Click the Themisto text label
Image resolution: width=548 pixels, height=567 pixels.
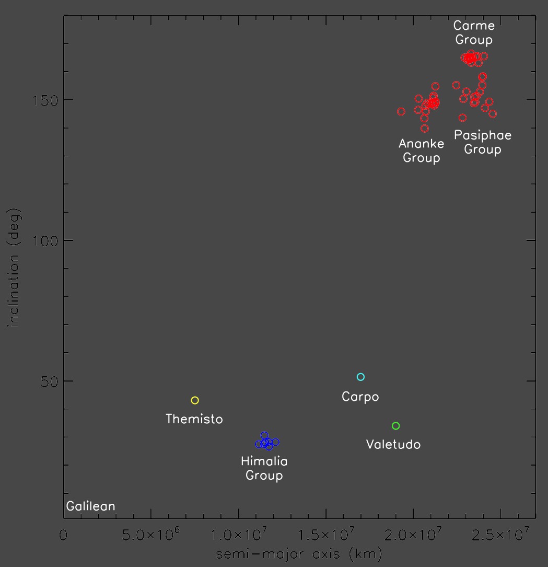[x=194, y=419]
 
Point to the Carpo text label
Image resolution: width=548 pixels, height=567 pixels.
[x=360, y=397]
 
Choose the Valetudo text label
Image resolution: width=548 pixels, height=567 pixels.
[x=393, y=444]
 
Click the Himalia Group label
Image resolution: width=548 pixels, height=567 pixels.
[x=264, y=468]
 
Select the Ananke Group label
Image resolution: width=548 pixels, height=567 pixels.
[x=422, y=151]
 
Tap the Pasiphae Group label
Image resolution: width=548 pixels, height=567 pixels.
[x=483, y=142]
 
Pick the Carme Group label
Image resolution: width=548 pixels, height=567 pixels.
[x=474, y=32]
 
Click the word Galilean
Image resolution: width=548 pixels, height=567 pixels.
[x=90, y=506]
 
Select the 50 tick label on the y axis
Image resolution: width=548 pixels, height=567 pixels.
[x=50, y=381]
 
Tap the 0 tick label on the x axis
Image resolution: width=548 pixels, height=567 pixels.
[x=63, y=535]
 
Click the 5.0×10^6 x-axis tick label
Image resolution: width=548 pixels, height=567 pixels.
[x=151, y=534]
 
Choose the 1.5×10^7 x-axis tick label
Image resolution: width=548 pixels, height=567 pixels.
[x=325, y=534]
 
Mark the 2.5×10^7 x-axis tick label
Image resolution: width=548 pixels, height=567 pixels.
[x=500, y=534]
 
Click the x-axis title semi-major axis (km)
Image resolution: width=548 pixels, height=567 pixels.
[x=299, y=554]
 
